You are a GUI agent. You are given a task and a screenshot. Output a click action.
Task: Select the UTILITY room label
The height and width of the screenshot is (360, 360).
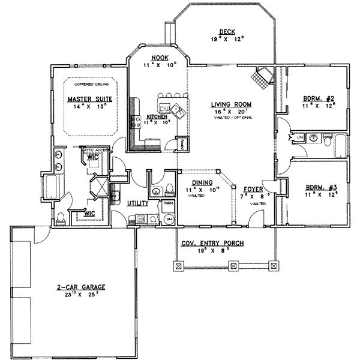click(137, 204)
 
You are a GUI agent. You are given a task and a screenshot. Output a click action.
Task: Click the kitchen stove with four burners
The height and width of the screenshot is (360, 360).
click(136, 119)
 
